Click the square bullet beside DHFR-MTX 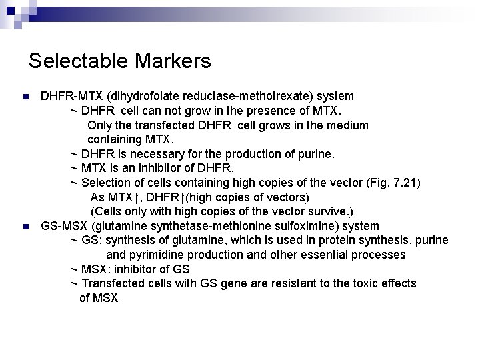click(x=25, y=97)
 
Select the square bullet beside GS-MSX click(x=25, y=227)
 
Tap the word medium click(x=347, y=125)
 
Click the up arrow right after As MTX click(x=135, y=197)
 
